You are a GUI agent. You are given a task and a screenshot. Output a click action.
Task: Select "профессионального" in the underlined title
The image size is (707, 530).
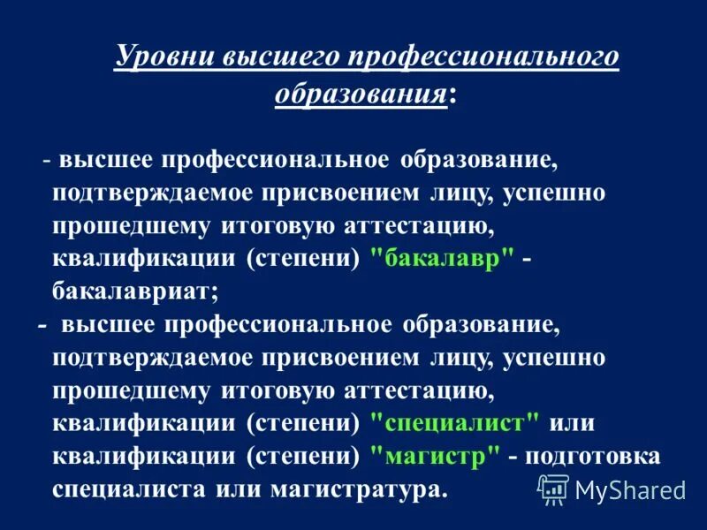click(481, 57)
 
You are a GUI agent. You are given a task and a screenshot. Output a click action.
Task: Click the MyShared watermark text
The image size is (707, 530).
click(630, 488)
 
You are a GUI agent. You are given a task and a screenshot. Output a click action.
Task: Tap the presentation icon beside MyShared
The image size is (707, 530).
click(553, 487)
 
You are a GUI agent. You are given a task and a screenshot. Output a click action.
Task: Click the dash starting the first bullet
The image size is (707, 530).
click(45, 160)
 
